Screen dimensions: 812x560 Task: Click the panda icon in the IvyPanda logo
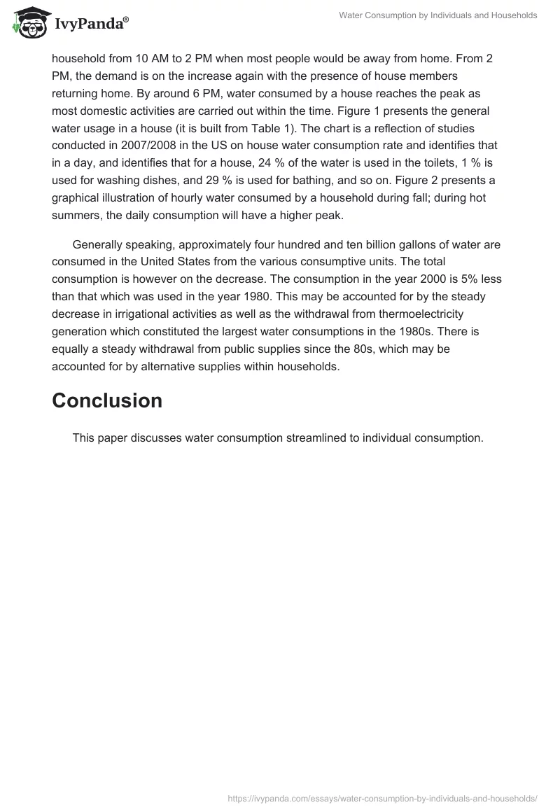click(x=28, y=23)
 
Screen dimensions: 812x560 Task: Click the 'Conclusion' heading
click(x=107, y=400)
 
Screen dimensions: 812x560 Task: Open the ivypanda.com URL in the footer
click(x=382, y=797)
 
